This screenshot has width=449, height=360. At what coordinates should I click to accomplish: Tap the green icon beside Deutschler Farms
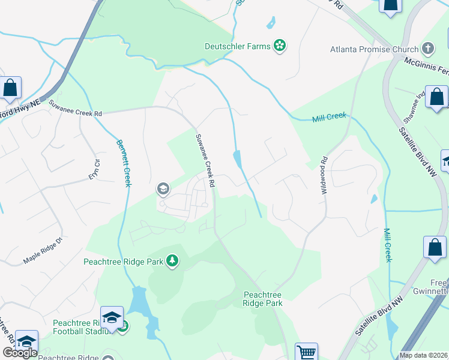click(x=279, y=45)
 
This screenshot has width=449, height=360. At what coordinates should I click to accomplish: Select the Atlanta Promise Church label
click(x=373, y=49)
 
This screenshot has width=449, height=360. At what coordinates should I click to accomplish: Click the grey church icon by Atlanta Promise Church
click(x=427, y=48)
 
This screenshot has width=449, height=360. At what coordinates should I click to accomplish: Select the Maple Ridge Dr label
click(x=43, y=252)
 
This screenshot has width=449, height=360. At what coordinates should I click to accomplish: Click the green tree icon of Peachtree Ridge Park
click(x=172, y=260)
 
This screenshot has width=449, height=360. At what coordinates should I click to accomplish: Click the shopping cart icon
click(x=306, y=352)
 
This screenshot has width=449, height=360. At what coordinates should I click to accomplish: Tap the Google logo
click(x=20, y=353)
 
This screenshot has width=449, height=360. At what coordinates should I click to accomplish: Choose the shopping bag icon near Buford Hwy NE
click(x=11, y=89)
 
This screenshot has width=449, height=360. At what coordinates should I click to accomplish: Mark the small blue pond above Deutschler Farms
click(x=271, y=23)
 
